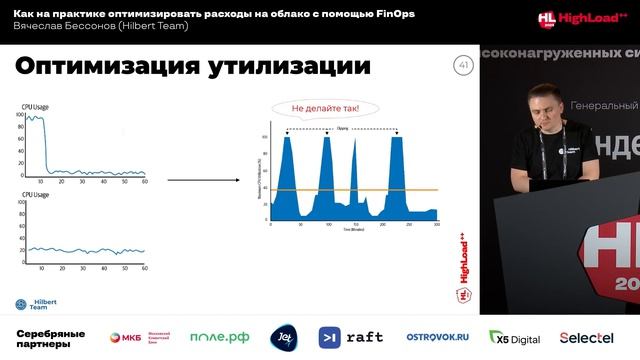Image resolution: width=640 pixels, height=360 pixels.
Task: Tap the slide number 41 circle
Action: (462, 66)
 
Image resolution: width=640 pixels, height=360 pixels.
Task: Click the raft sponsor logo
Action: (350, 337)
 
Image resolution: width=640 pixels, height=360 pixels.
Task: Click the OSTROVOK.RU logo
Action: (437, 337)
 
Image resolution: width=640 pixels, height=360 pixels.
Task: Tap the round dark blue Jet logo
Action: (284, 337)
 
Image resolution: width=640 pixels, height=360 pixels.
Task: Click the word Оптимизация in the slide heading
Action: (101, 67)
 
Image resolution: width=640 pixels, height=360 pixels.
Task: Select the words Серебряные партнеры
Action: (50, 337)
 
